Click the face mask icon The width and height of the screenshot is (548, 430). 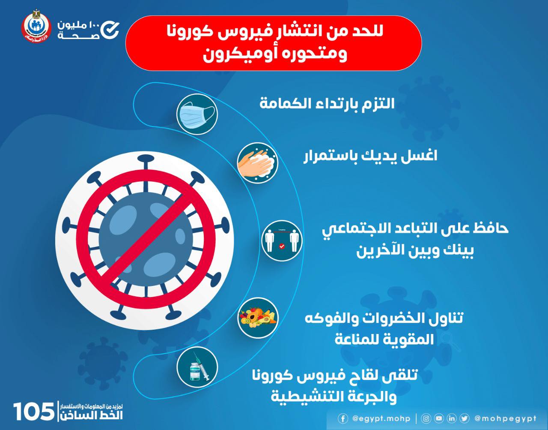197,114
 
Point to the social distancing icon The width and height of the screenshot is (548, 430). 282,241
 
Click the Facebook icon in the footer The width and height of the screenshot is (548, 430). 342,418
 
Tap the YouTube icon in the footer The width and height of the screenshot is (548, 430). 439,418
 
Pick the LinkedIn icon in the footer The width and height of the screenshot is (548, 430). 452,418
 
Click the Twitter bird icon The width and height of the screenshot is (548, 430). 465,418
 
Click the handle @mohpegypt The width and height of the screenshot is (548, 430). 505,418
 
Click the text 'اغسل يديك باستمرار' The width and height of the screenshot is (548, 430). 370,156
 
